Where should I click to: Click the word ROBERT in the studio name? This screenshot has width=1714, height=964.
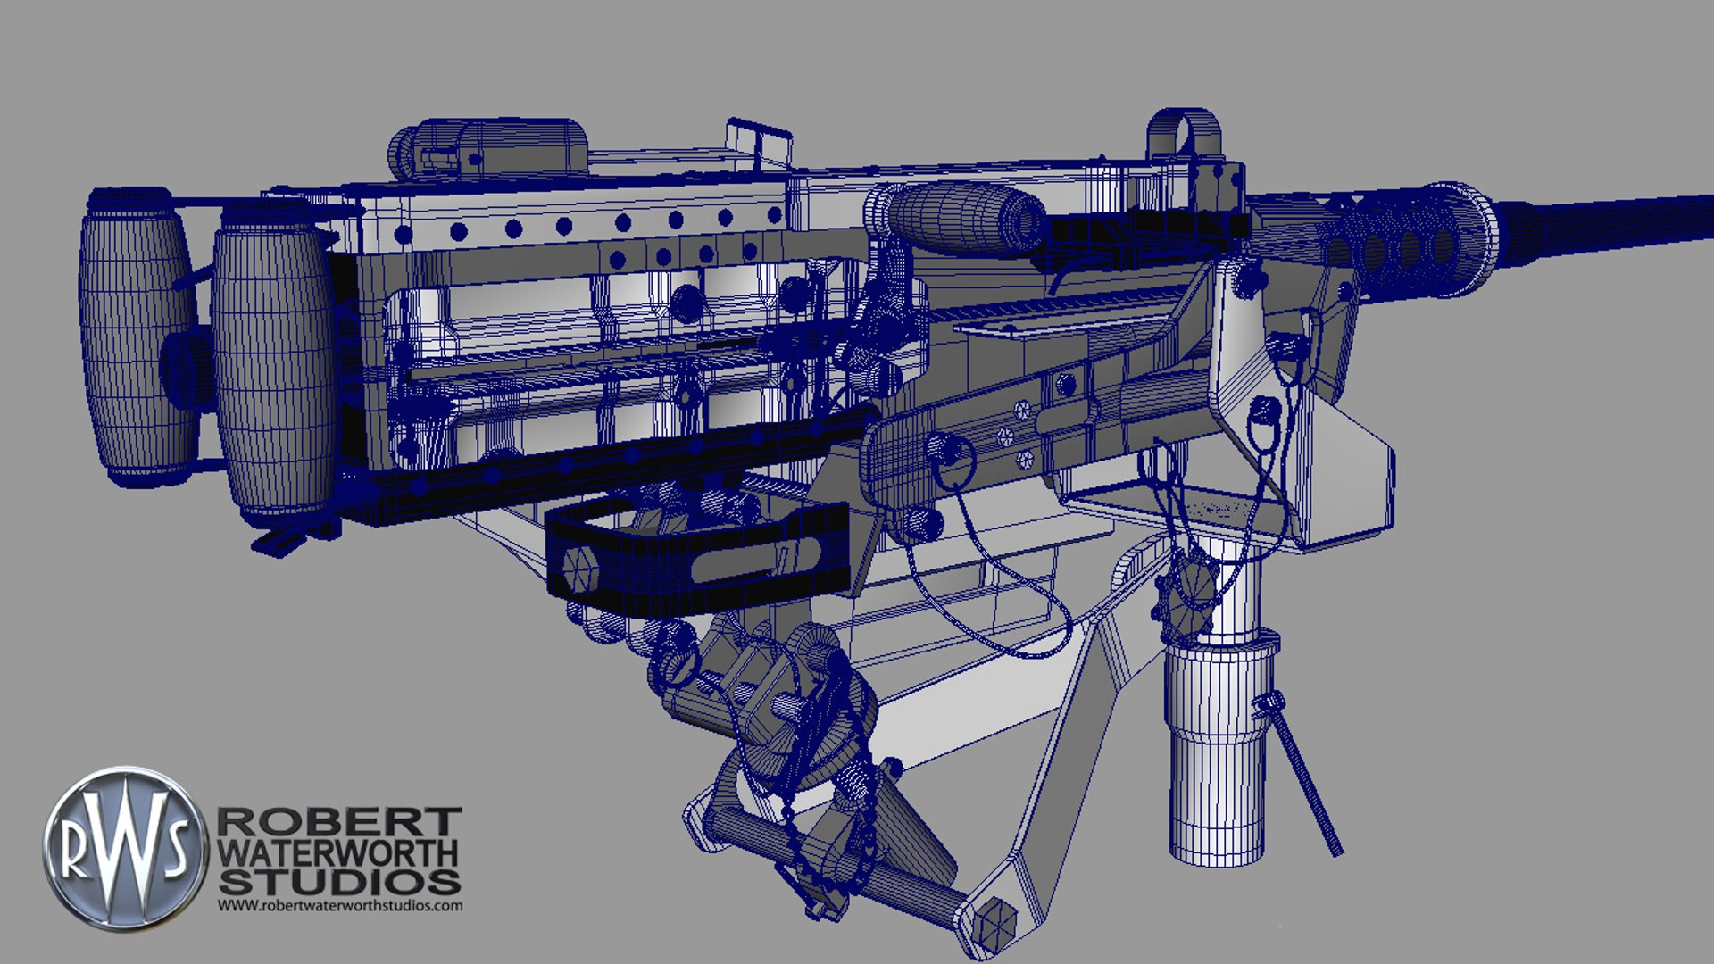click(339, 821)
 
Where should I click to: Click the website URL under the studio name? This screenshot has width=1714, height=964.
click(340, 905)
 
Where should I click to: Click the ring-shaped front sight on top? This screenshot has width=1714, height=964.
click(1183, 134)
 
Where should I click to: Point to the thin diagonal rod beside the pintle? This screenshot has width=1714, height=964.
click(1303, 777)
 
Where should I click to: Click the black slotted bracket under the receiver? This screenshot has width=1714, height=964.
click(696, 558)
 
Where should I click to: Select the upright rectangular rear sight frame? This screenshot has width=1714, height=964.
click(759, 143)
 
